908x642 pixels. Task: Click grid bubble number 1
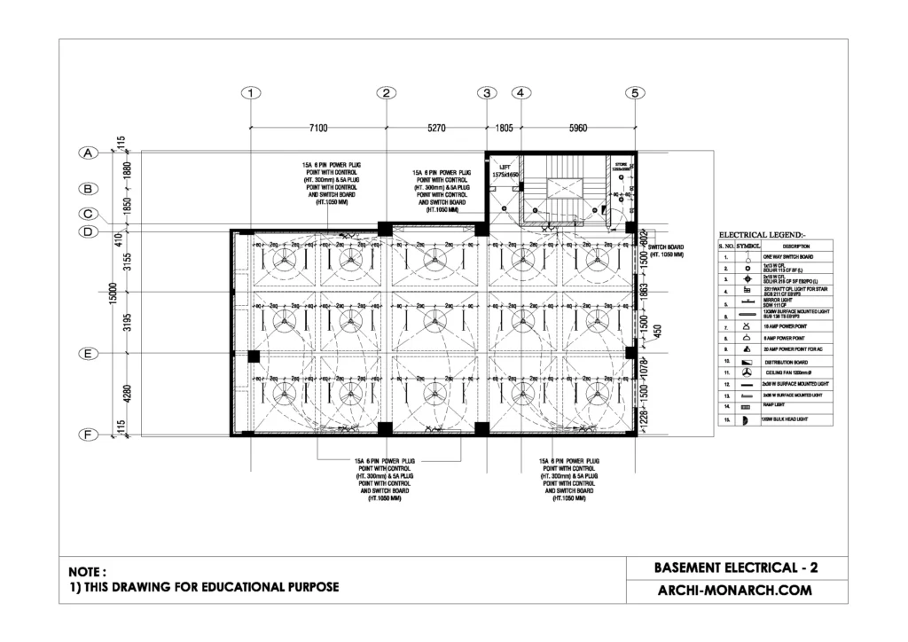[x=253, y=92]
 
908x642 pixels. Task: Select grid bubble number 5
[x=635, y=92]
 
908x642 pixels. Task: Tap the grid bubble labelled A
[x=88, y=153]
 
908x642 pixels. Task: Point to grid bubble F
[x=88, y=435]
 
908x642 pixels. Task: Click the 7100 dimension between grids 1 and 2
[x=318, y=129]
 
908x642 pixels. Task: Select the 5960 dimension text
[x=577, y=129]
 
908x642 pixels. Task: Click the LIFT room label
[x=504, y=166]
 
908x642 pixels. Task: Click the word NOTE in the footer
[x=88, y=572]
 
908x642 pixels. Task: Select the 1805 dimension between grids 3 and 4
[x=503, y=129]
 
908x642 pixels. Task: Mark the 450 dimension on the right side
[x=657, y=331]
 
